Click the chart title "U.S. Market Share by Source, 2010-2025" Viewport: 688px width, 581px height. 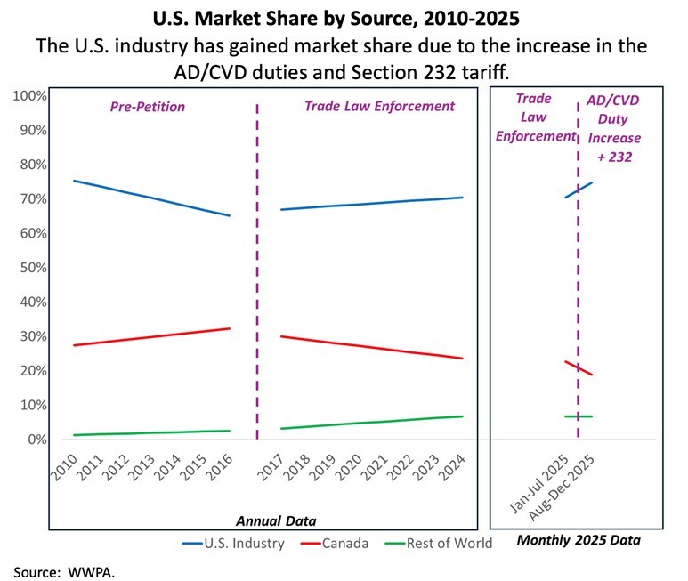click(344, 17)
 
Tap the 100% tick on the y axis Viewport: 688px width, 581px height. click(30, 95)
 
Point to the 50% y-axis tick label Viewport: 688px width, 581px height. click(33, 268)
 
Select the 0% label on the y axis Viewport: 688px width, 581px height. click(36, 440)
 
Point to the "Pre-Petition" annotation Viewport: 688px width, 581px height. click(148, 106)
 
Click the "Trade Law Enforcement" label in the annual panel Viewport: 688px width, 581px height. click(379, 106)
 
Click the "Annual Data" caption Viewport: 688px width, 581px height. click(275, 520)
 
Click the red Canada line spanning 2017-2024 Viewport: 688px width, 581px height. click(374, 348)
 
